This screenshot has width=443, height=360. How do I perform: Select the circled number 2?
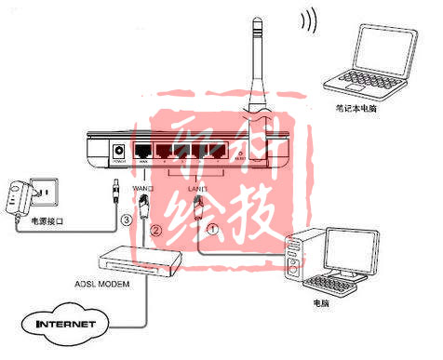coord(157,229)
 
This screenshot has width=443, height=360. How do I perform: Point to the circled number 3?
coord(127,220)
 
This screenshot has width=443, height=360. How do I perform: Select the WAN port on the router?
coord(143,151)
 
